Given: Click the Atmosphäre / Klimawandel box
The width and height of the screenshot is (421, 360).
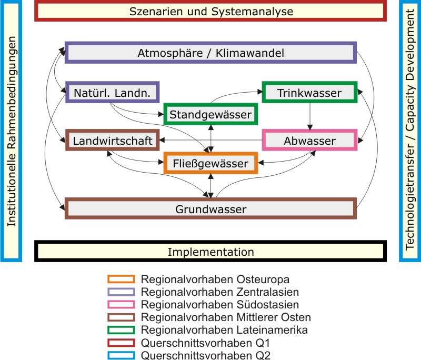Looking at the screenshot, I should (211, 53).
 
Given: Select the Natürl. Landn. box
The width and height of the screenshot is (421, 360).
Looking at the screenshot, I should (113, 94).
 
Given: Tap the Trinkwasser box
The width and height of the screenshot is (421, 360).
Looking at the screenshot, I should (309, 94).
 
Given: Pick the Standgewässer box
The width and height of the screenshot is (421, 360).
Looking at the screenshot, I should (211, 114).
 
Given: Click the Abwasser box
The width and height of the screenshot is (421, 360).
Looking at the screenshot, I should (309, 141).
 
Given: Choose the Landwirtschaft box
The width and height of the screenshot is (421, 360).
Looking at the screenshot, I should (113, 141).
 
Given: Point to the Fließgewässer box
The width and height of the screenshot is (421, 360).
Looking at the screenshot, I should (211, 163).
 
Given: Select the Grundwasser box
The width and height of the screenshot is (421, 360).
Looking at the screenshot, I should (211, 209).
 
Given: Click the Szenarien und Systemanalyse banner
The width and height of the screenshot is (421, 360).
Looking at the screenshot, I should (211, 11).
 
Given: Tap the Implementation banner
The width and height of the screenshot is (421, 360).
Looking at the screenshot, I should (211, 252).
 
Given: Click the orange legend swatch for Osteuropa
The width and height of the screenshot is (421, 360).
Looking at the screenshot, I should (121, 279).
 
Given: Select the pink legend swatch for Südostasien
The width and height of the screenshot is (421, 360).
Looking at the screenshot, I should (121, 304).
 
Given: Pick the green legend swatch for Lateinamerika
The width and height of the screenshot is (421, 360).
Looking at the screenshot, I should (121, 329).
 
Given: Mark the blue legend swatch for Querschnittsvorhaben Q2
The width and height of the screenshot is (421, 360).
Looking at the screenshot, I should (121, 355).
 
